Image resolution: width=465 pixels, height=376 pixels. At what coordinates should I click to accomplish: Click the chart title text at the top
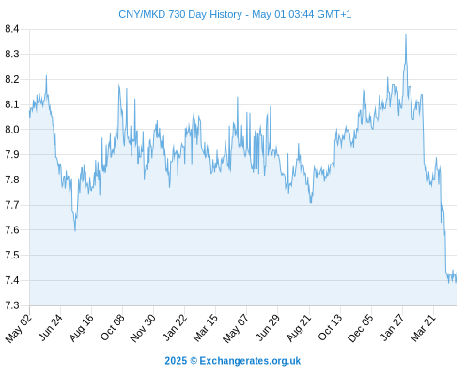click(235, 14)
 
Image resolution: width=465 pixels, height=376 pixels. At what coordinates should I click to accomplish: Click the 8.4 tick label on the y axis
click(12, 29)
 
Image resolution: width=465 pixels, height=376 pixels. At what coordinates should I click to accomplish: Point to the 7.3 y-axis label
click(12, 305)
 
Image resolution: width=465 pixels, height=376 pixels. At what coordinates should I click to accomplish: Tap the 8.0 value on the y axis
click(12, 130)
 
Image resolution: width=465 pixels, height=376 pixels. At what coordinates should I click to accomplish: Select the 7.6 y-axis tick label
click(12, 230)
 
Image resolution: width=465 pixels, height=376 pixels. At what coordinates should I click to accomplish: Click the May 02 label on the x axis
click(19, 328)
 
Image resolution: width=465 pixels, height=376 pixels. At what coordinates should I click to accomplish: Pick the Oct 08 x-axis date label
click(113, 327)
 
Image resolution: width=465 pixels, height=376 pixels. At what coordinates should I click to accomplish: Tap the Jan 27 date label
click(392, 327)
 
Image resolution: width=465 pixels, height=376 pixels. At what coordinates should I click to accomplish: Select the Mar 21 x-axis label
click(423, 327)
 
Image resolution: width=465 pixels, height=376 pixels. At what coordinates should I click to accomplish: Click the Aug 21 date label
click(299, 327)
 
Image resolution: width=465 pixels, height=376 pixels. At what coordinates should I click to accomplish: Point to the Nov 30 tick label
click(143, 328)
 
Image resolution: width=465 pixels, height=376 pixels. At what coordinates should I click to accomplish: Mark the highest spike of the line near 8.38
click(406, 34)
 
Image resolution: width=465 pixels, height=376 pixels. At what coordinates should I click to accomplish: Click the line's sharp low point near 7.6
click(75, 231)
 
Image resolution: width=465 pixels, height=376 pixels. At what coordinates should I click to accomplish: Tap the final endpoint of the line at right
click(457, 272)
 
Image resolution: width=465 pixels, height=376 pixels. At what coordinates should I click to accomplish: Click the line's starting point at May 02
click(30, 116)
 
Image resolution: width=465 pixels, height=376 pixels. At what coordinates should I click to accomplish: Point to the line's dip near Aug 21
click(311, 203)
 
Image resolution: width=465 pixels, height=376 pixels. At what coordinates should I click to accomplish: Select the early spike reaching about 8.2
click(46, 75)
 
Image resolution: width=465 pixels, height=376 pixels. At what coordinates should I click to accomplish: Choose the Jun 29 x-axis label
click(268, 327)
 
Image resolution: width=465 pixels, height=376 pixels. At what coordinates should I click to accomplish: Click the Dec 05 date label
click(361, 328)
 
